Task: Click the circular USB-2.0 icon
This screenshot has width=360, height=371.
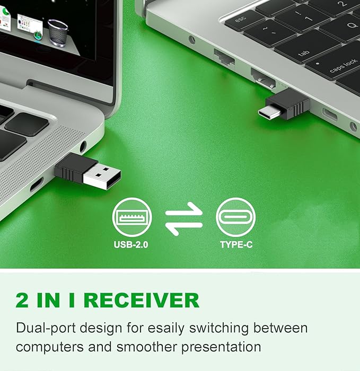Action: (132, 217)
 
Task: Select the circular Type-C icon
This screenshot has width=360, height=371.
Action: (236, 217)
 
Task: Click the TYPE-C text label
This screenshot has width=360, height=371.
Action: (236, 245)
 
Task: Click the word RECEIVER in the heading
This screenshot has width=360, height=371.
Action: (142, 301)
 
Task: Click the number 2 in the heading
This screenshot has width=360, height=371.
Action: (23, 301)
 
